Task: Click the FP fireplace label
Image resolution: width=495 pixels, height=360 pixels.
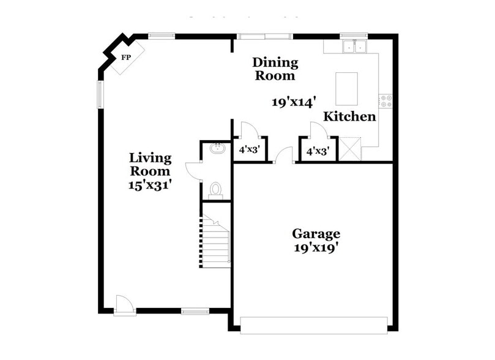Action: point(127,58)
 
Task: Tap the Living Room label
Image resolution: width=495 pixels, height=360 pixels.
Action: point(150,165)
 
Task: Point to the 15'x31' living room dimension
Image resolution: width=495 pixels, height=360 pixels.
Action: point(150,184)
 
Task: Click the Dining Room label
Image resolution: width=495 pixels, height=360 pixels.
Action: point(275,69)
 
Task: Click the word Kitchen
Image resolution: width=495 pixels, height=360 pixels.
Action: point(349,116)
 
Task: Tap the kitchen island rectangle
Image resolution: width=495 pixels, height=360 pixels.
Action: point(347,89)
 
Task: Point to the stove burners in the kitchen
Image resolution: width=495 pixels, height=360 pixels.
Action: point(385,101)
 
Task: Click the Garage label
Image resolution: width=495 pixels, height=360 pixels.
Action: point(316,233)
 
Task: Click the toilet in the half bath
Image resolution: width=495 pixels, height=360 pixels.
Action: point(215,189)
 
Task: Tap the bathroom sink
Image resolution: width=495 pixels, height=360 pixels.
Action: point(215,148)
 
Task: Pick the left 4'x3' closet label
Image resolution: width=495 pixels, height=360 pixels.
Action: point(250,149)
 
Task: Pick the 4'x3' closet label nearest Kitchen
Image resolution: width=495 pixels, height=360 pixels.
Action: point(318,150)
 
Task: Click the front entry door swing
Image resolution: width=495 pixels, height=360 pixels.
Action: point(124,304)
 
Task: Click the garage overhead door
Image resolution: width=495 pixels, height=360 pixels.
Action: point(314,325)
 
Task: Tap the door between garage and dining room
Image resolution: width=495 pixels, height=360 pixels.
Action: point(283,156)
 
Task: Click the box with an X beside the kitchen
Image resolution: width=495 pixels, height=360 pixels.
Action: point(351,149)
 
